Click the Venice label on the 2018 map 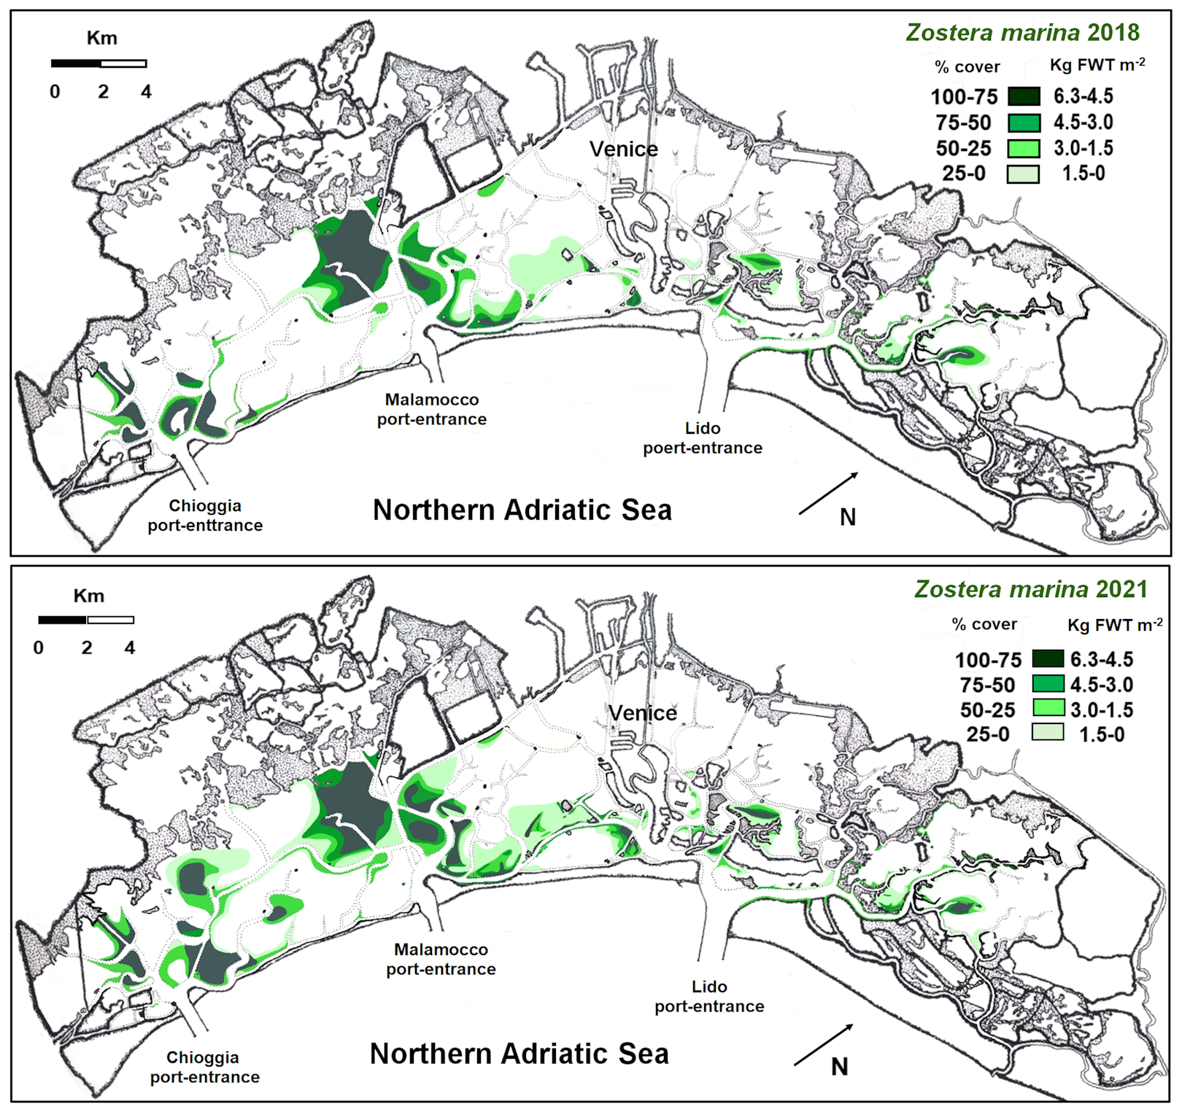coord(623,149)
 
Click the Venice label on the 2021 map coord(643,712)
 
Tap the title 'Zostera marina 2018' coord(1022,33)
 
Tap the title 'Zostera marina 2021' coord(1031,589)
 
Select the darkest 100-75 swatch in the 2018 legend coord(1023,96)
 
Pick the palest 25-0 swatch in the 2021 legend coord(1047,733)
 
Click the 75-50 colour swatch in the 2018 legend coord(1023,123)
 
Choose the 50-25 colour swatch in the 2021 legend coord(1047,708)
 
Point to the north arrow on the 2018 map coord(828,494)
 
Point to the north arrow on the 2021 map coord(823,1044)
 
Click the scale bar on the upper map coord(98,63)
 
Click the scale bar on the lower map coord(86,620)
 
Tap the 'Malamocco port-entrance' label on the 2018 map coord(431,409)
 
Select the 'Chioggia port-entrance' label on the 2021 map coord(204,1067)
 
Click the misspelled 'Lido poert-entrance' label coord(702,438)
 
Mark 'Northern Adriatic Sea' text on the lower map coord(519,1054)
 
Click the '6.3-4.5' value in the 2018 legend coord(1083,96)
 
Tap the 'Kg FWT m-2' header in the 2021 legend coord(1114,625)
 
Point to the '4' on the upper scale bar coord(146,92)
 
